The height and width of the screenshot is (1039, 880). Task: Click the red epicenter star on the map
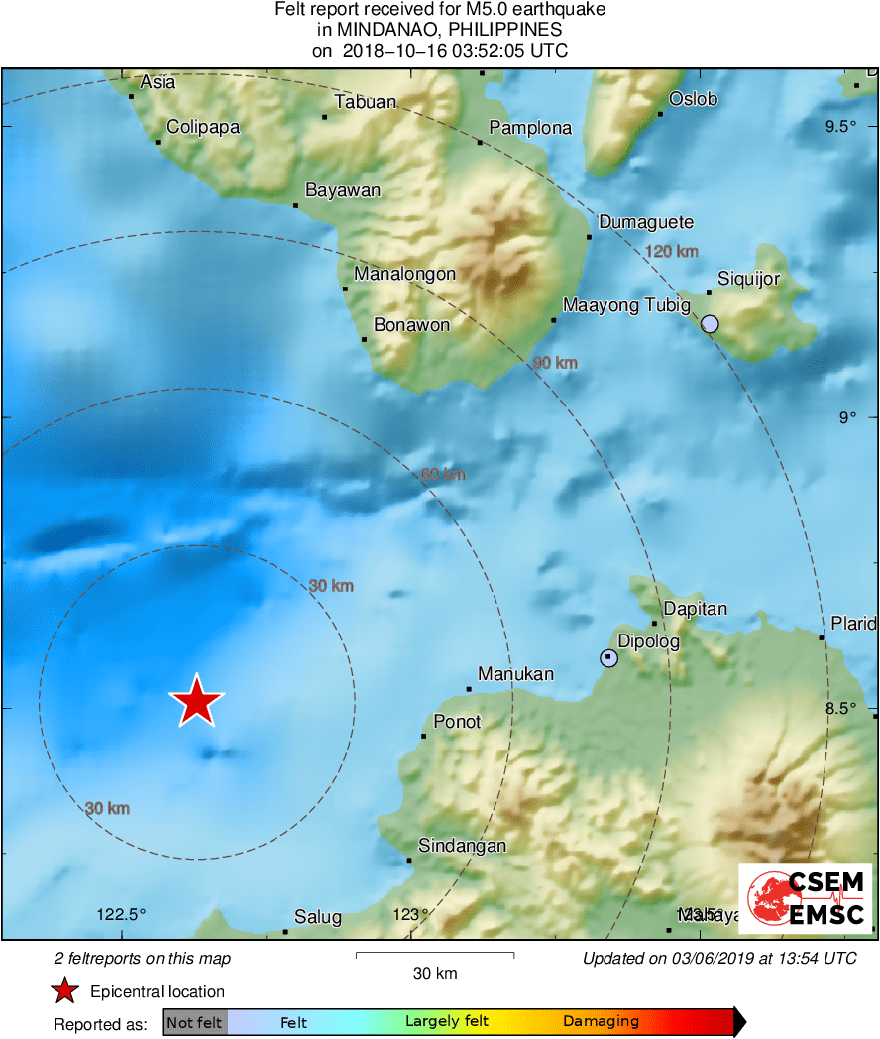click(x=197, y=701)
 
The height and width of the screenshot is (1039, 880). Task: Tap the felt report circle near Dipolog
click(x=608, y=657)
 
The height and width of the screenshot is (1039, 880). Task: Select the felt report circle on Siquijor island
click(x=710, y=323)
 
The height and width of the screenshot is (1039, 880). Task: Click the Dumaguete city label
click(x=646, y=222)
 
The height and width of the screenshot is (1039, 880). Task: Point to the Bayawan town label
click(x=343, y=190)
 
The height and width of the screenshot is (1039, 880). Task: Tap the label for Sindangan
click(x=462, y=846)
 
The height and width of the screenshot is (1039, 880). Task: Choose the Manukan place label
click(x=515, y=674)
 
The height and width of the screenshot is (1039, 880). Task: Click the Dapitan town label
click(x=695, y=609)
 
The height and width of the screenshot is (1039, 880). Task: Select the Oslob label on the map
click(x=693, y=99)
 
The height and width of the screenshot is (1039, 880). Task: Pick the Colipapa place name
click(x=203, y=127)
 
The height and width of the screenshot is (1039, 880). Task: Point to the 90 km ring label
click(x=555, y=363)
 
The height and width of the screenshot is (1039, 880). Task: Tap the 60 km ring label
click(x=443, y=475)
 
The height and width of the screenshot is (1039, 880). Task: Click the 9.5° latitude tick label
click(x=841, y=126)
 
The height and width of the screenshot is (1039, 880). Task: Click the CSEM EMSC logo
click(x=806, y=897)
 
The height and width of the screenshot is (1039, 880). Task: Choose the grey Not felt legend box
click(x=195, y=1022)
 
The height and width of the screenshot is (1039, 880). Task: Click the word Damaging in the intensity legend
click(x=601, y=1022)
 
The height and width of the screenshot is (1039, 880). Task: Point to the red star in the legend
click(x=65, y=990)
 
